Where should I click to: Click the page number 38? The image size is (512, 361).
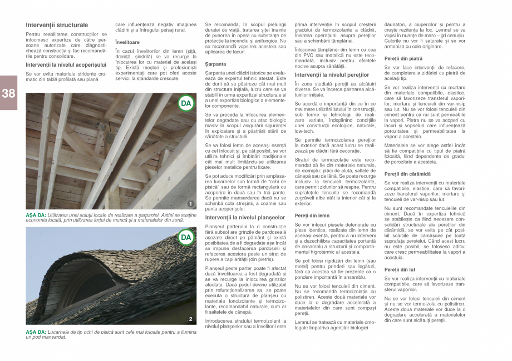click(8, 93)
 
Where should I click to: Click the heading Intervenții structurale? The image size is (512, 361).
click(57, 25)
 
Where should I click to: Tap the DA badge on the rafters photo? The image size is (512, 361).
click(186, 103)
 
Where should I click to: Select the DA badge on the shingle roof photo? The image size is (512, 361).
click(186, 238)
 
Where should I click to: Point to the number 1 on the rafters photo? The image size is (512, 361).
click(190, 204)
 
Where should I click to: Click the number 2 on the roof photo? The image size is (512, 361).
click(190, 319)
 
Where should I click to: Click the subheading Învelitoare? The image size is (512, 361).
click(127, 42)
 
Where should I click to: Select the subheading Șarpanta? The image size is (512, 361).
click(215, 64)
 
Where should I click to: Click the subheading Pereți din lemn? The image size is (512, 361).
click(312, 215)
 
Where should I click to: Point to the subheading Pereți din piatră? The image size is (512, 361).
click(403, 58)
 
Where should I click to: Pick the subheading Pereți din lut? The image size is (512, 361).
click(400, 269)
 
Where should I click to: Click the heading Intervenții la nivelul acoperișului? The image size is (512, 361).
click(66, 65)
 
